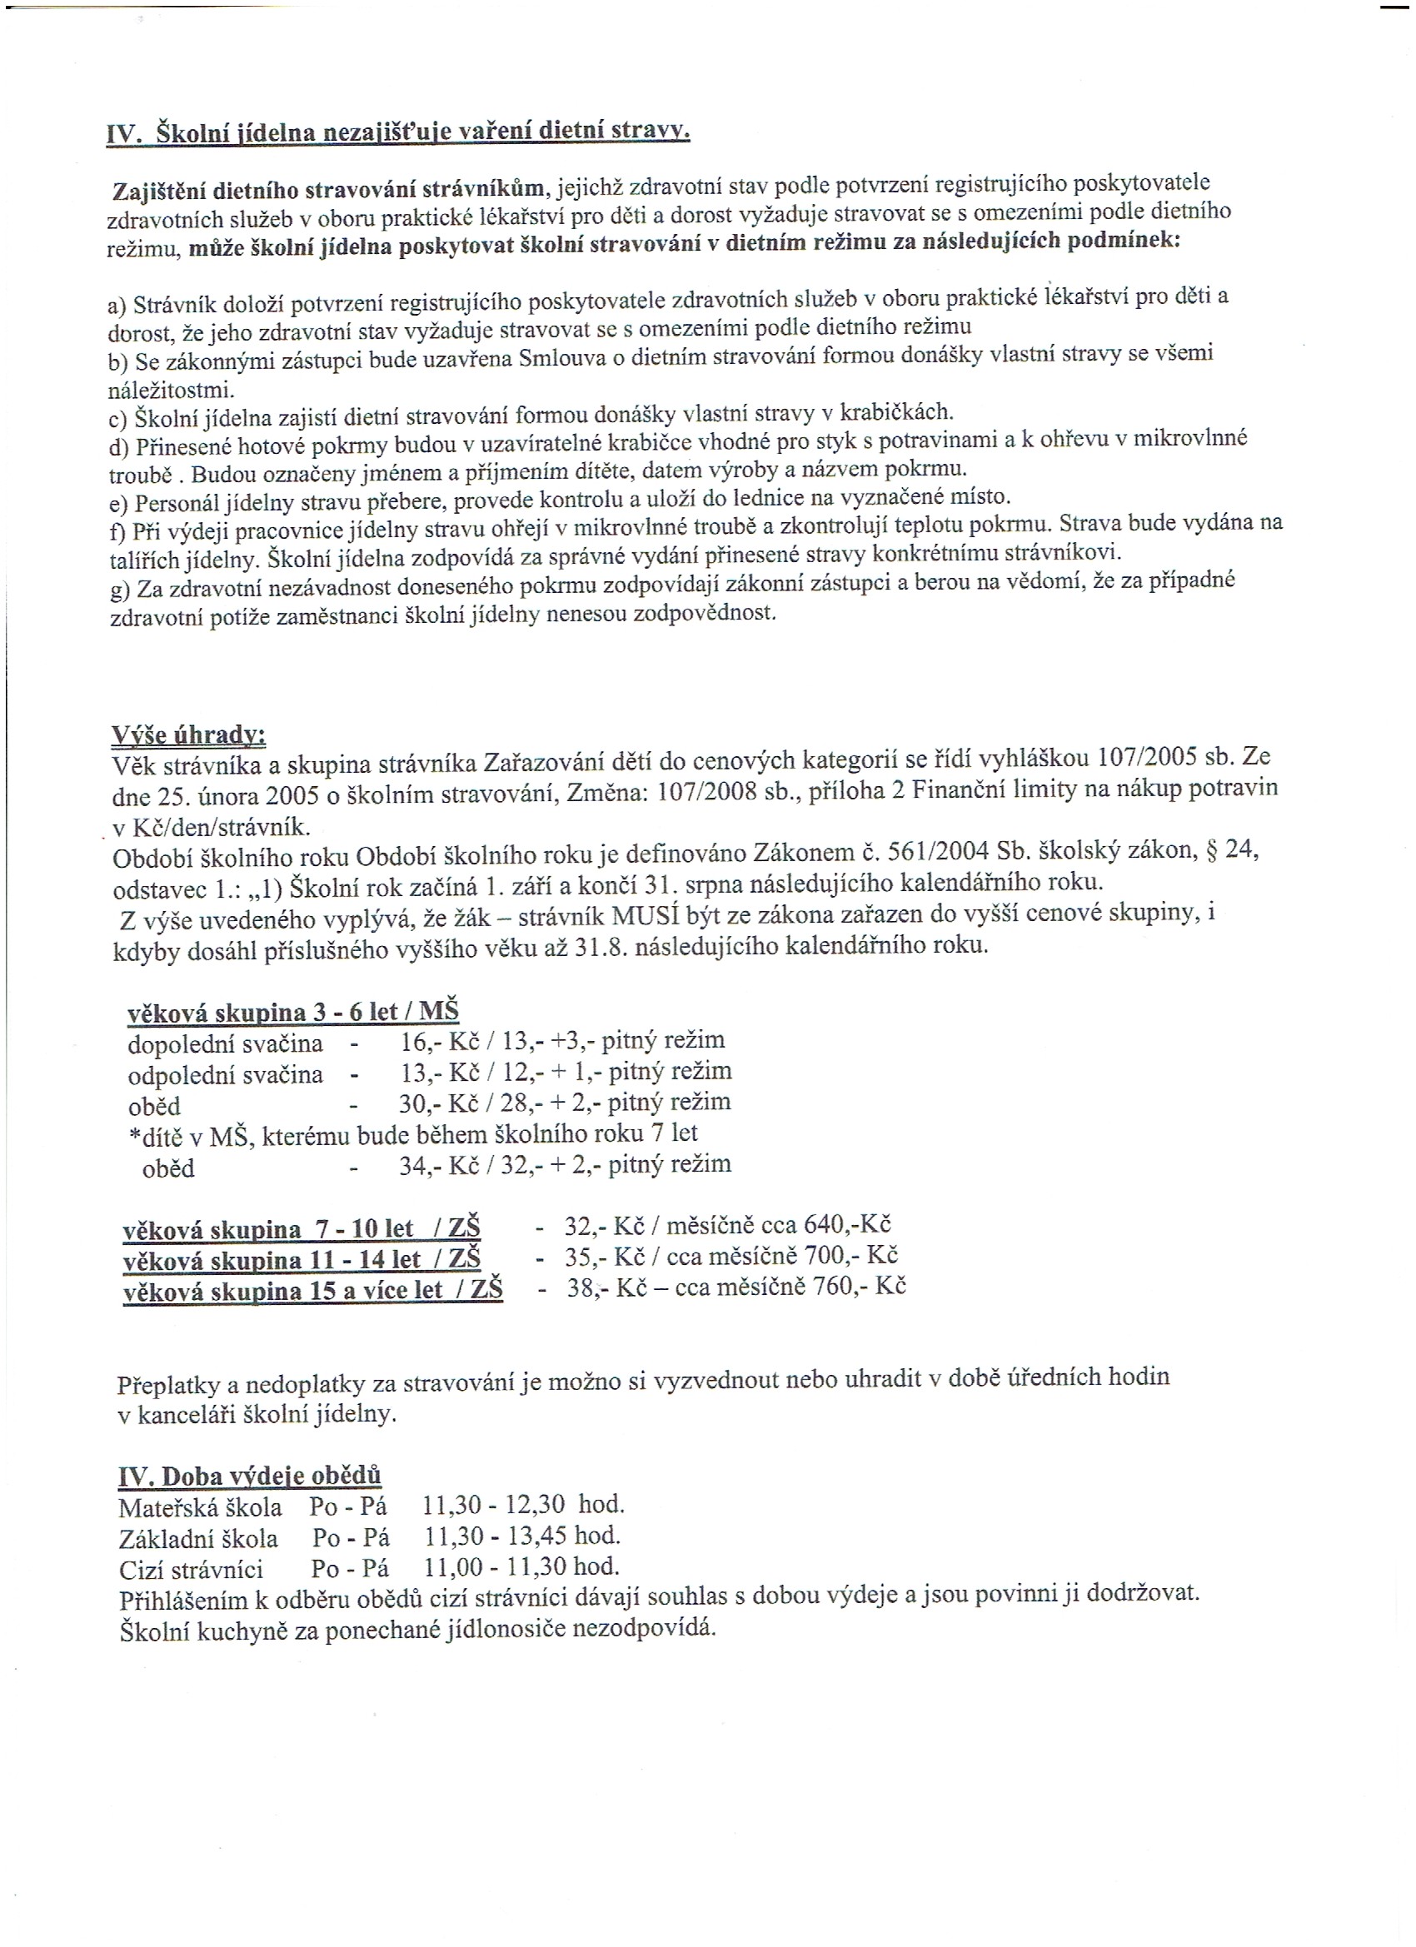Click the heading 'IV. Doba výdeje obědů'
[250, 1476]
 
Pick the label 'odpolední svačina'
[225, 1074]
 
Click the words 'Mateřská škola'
[200, 1506]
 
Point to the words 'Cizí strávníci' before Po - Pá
[191, 1569]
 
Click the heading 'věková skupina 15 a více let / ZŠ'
[312, 1290]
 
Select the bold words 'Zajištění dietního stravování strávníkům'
[328, 190]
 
